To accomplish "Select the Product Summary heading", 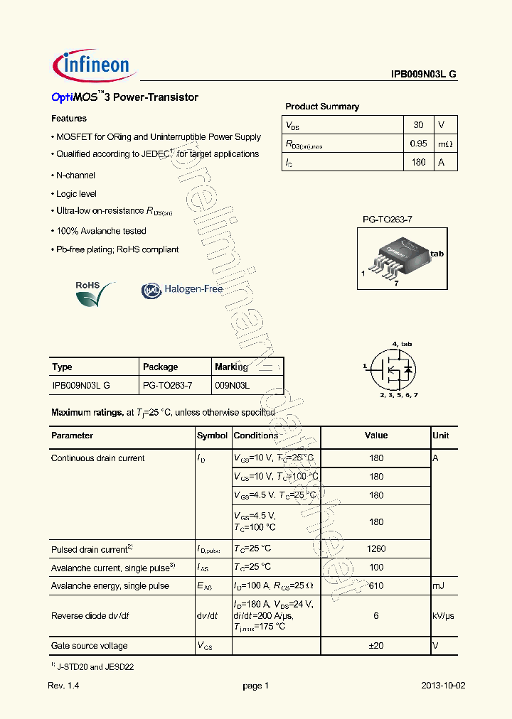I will pyautogui.click(x=322, y=107).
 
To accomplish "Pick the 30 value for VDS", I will pyautogui.click(x=418, y=125).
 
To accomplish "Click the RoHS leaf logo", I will pyautogui.click(x=95, y=292).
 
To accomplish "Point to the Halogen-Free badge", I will pyautogui.click(x=182, y=289).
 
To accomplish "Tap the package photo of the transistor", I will pyautogui.click(x=401, y=258).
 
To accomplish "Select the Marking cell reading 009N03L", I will pyautogui.click(x=233, y=385).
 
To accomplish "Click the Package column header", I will pyautogui.click(x=161, y=367).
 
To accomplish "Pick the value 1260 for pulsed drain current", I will pyautogui.click(x=376, y=548).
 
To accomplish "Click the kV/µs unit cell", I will pyautogui.click(x=444, y=616).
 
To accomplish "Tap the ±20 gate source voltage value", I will pyautogui.click(x=376, y=646).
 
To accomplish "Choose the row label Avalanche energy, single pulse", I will pyautogui.click(x=110, y=585).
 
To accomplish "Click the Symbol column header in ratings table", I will pyautogui.click(x=212, y=436).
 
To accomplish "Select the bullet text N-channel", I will pyautogui.click(x=75, y=175).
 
